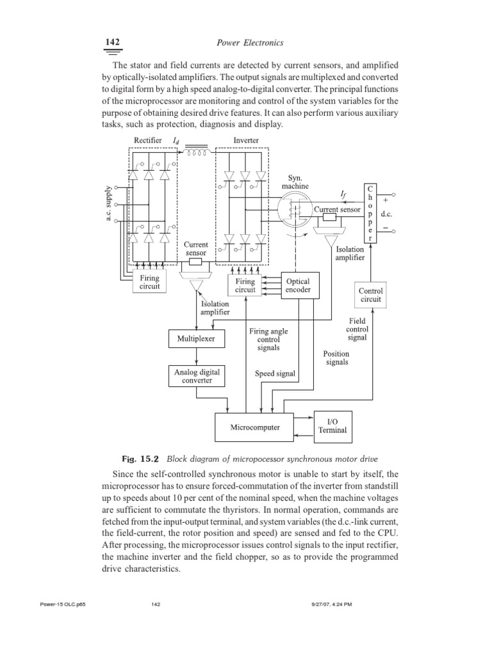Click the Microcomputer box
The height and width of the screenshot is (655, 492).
(x=255, y=427)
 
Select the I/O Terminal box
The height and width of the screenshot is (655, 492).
(x=332, y=425)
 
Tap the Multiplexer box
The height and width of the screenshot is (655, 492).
(x=196, y=338)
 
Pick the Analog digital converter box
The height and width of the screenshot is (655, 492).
(x=196, y=375)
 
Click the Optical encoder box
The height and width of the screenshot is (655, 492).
(x=297, y=285)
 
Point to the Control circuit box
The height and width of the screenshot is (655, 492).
(x=370, y=295)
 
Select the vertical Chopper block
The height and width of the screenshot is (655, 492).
(x=370, y=214)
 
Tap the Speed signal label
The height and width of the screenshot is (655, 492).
(x=275, y=374)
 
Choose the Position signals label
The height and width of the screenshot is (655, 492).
(x=336, y=358)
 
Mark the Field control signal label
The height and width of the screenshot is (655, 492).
(x=357, y=329)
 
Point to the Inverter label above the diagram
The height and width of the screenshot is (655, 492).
(x=246, y=140)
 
